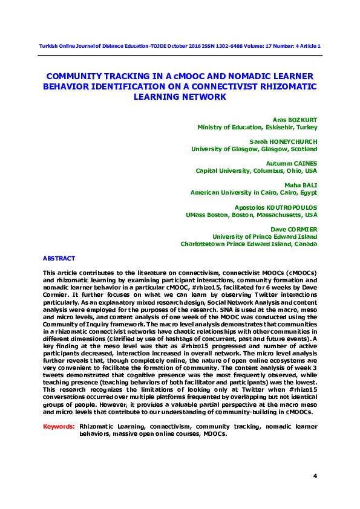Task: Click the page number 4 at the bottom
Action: click(315, 476)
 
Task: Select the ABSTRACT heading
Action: click(59, 258)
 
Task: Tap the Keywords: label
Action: click(59, 426)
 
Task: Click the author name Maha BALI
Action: click(301, 185)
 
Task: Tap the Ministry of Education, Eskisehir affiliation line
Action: click(257, 127)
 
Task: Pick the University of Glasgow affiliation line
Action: click(254, 149)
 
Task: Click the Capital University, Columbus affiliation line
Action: click(257, 170)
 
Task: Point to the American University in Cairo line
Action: click(254, 192)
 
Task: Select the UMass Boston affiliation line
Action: click(251, 214)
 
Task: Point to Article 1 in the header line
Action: click(310, 47)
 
